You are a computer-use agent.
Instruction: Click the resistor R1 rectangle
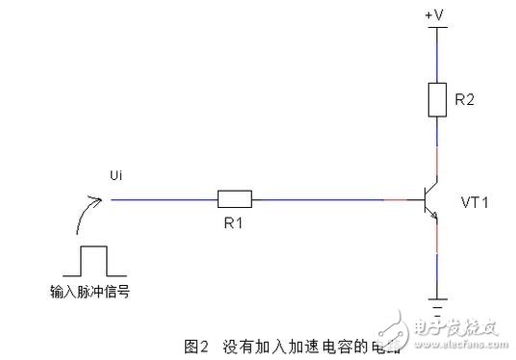click(235, 199)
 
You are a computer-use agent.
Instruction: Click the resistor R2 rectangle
click(438, 99)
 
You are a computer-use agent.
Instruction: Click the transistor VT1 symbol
click(431, 200)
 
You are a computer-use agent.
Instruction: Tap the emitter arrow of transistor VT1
click(435, 219)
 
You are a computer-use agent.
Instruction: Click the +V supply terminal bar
click(438, 27)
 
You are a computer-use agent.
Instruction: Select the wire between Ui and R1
click(164, 199)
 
